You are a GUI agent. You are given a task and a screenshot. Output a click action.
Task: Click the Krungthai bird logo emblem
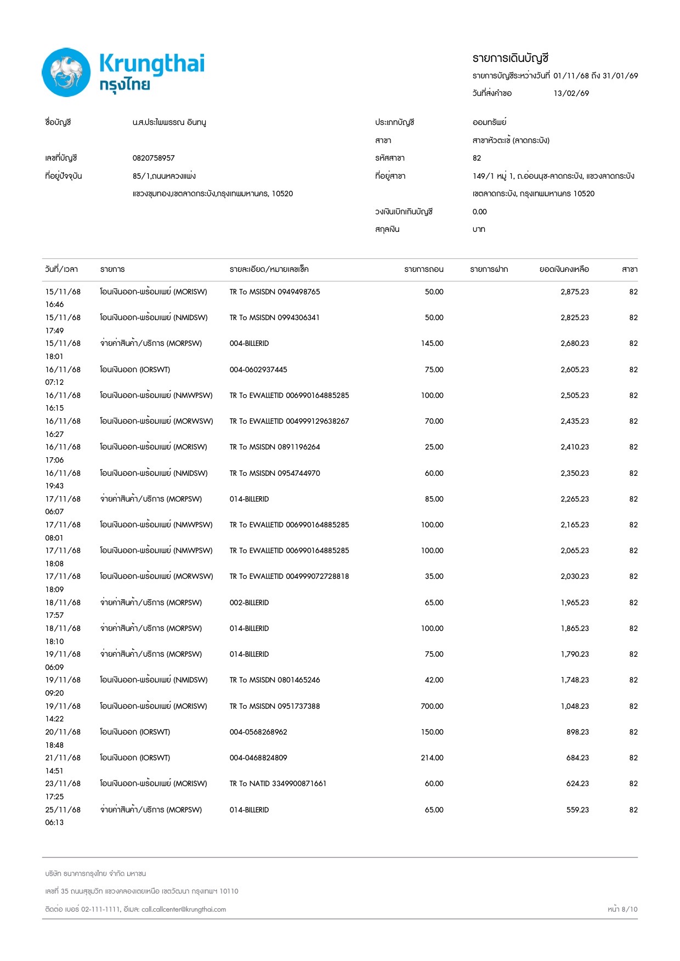(66, 72)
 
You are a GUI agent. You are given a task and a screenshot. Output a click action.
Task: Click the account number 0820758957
(154, 158)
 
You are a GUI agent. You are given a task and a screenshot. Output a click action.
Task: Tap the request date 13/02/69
(571, 93)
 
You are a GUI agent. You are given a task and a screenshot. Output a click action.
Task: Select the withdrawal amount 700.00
(432, 706)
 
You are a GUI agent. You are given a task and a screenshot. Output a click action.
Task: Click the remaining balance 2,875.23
(574, 292)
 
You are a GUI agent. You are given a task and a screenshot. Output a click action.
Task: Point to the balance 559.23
(577, 810)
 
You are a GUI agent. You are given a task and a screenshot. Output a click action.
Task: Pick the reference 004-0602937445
(258, 369)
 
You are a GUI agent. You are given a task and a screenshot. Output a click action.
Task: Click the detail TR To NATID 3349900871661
(277, 783)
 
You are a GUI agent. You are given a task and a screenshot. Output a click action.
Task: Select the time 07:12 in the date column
(54, 382)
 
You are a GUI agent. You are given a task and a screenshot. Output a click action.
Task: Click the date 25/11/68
(63, 810)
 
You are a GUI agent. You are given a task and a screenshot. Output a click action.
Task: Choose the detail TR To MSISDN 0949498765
(275, 292)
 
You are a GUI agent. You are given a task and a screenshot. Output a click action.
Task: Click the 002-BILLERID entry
(249, 602)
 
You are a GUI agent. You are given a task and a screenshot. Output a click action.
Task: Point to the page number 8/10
(629, 909)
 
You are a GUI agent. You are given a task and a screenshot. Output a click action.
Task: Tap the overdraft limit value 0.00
(479, 212)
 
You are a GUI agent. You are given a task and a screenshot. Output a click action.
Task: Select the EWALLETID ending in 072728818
(289, 576)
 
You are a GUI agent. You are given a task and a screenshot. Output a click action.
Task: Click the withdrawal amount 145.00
(432, 343)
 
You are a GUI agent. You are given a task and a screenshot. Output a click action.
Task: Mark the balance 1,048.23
(574, 706)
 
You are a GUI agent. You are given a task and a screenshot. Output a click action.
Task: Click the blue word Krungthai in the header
(152, 64)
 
